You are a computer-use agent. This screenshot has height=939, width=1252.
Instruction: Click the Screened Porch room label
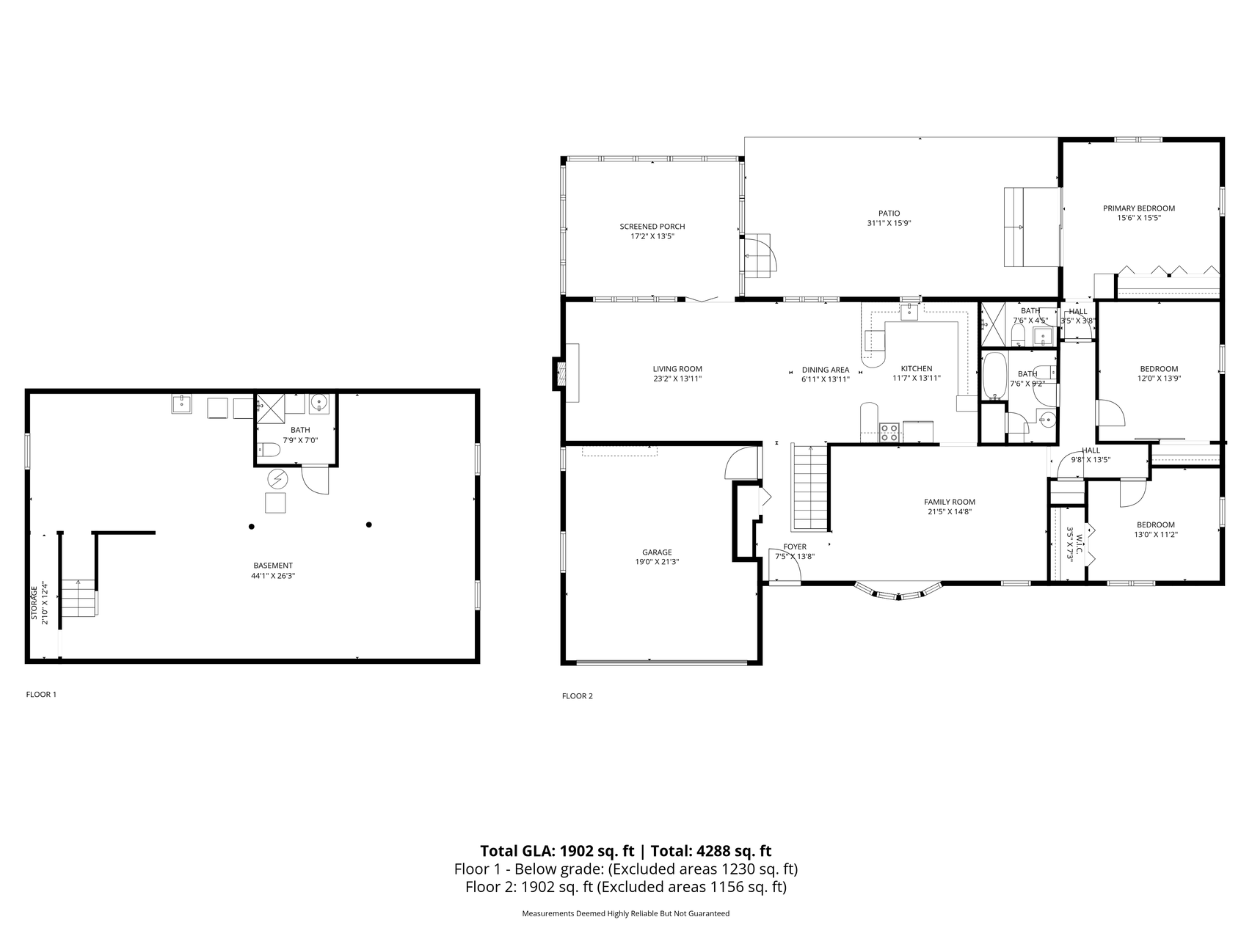(652, 227)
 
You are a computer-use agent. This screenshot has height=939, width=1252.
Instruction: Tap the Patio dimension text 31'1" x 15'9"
(889, 224)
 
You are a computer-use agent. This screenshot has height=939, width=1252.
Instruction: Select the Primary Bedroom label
(1139, 208)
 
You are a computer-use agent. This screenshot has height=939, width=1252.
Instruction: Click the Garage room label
(657, 552)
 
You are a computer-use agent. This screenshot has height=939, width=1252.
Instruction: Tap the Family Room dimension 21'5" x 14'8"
(950, 512)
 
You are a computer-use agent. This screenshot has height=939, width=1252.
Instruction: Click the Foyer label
(795, 547)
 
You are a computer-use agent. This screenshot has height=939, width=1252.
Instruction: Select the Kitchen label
(917, 369)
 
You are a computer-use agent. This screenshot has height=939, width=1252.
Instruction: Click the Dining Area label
(826, 370)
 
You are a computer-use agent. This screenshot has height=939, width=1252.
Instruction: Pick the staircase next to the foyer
(809, 487)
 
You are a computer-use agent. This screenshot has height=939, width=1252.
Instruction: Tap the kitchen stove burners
(889, 432)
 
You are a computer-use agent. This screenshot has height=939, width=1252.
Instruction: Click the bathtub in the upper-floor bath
(994, 376)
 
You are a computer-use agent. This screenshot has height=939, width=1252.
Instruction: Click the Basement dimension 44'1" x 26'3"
(273, 576)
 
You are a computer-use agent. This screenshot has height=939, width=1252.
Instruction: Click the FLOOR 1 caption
(41, 694)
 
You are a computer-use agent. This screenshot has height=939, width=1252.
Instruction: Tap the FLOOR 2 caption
(578, 696)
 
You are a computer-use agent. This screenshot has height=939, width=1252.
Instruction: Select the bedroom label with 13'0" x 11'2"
(1155, 525)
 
